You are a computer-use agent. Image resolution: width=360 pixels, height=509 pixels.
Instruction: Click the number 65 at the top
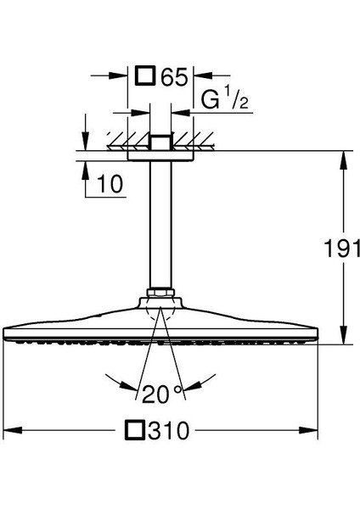174,78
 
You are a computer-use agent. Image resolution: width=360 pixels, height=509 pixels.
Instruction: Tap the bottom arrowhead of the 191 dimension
343,340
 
